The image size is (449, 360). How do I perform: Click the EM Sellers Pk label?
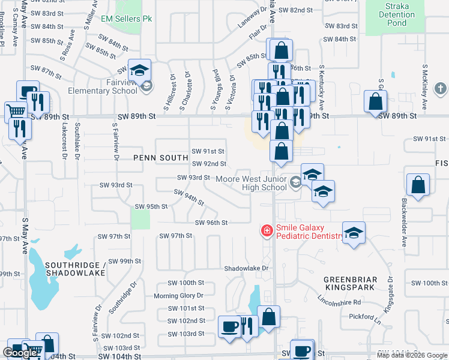tap(127, 19)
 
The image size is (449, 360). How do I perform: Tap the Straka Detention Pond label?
tap(397, 14)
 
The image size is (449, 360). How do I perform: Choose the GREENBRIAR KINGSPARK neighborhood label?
tap(351, 284)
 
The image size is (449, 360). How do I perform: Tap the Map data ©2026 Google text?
tap(412, 355)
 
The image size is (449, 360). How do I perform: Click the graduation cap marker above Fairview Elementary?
tap(139, 70)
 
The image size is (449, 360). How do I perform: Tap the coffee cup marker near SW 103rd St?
tap(229, 326)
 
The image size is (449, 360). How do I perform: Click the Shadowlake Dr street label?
tap(246, 268)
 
